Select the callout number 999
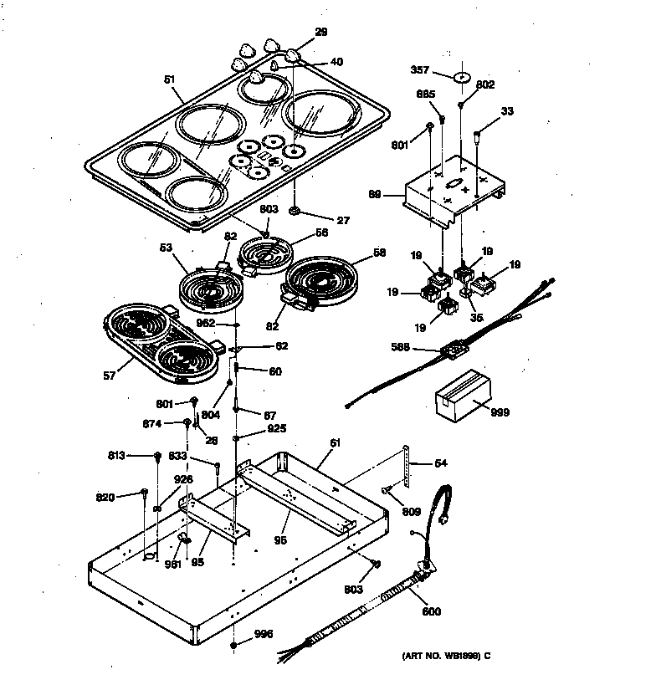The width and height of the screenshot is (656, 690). [x=500, y=412]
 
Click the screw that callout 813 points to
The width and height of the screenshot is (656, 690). [x=156, y=455]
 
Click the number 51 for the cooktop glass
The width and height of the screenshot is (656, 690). [x=169, y=80]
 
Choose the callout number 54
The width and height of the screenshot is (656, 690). [x=441, y=463]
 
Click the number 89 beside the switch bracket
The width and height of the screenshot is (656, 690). [x=375, y=194]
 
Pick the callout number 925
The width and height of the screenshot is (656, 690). [x=276, y=428]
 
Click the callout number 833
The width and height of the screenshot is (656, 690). [x=201, y=457]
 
